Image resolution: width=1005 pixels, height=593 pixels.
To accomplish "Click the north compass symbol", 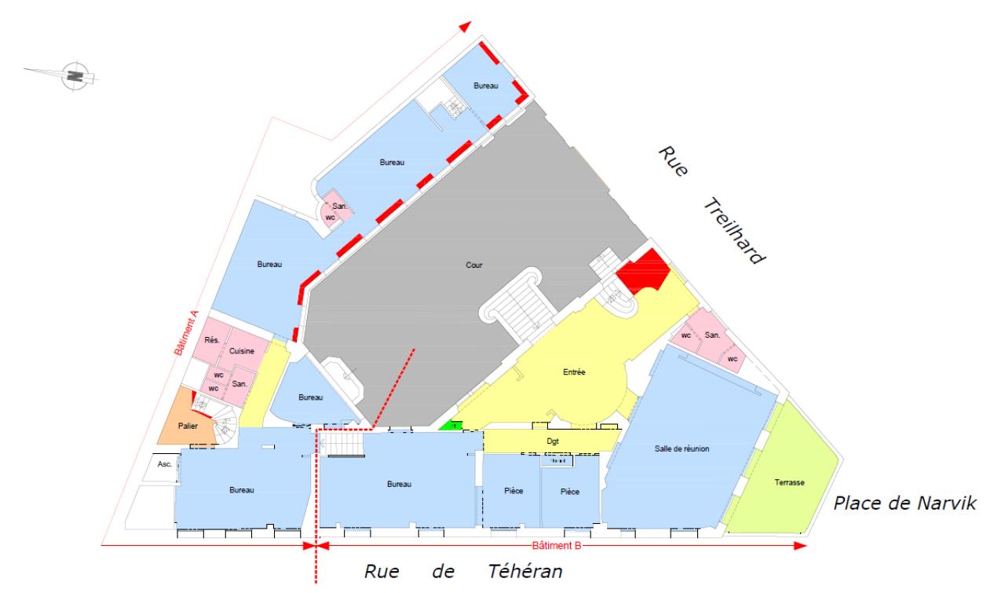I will (76, 75).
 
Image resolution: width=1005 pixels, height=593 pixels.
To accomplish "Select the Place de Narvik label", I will (905, 503).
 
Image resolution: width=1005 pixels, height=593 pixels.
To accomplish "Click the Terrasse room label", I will (790, 482).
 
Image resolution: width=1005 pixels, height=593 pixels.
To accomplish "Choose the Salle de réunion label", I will (682, 448).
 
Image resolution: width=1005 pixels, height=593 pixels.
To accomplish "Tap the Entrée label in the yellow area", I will (576, 372).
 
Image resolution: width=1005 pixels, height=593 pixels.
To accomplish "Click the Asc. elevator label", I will (165, 464).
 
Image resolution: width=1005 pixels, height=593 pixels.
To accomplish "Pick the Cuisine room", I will (241, 352).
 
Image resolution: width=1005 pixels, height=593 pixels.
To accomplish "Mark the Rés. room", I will (211, 340).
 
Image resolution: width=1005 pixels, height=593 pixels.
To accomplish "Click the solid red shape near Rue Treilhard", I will (642, 270).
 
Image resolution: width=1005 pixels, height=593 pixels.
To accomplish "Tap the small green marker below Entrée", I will (451, 425).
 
